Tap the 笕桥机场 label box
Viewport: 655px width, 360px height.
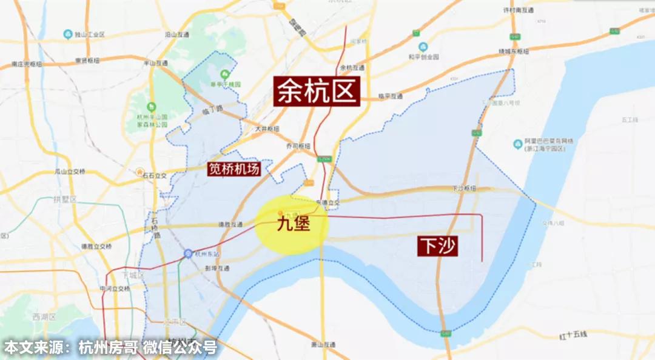coord(234,169)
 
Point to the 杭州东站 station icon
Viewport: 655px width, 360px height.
coord(189,253)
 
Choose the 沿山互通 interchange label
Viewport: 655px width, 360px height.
coord(180,35)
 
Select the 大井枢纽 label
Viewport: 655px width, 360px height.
coord(267,128)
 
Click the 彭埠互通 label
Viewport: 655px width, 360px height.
coord(217,267)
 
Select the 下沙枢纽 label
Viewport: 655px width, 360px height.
coord(463,188)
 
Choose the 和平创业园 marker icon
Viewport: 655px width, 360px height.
coord(423,47)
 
